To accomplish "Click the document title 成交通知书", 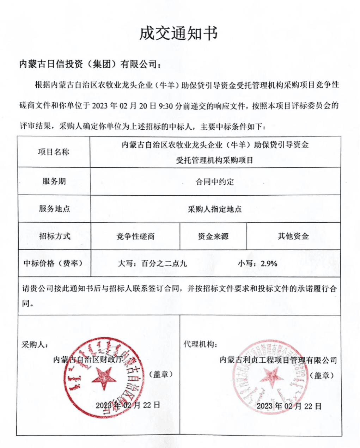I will [178, 33].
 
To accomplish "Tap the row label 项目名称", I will [54, 152].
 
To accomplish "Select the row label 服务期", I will [54, 181].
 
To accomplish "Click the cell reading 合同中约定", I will [215, 182].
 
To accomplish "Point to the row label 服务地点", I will [54, 209].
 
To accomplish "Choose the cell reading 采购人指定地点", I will [215, 209].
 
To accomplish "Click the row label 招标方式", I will [54, 236].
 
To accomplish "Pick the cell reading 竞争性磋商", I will [135, 236].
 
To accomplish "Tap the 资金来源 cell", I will [213, 236].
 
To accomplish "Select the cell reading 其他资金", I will [293, 236].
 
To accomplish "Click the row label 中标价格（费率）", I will [53, 263].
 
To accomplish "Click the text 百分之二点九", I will [164, 263].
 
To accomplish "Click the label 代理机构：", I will [200, 344].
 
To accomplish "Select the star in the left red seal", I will [104, 378].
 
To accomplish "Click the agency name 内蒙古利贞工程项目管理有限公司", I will [278, 360].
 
